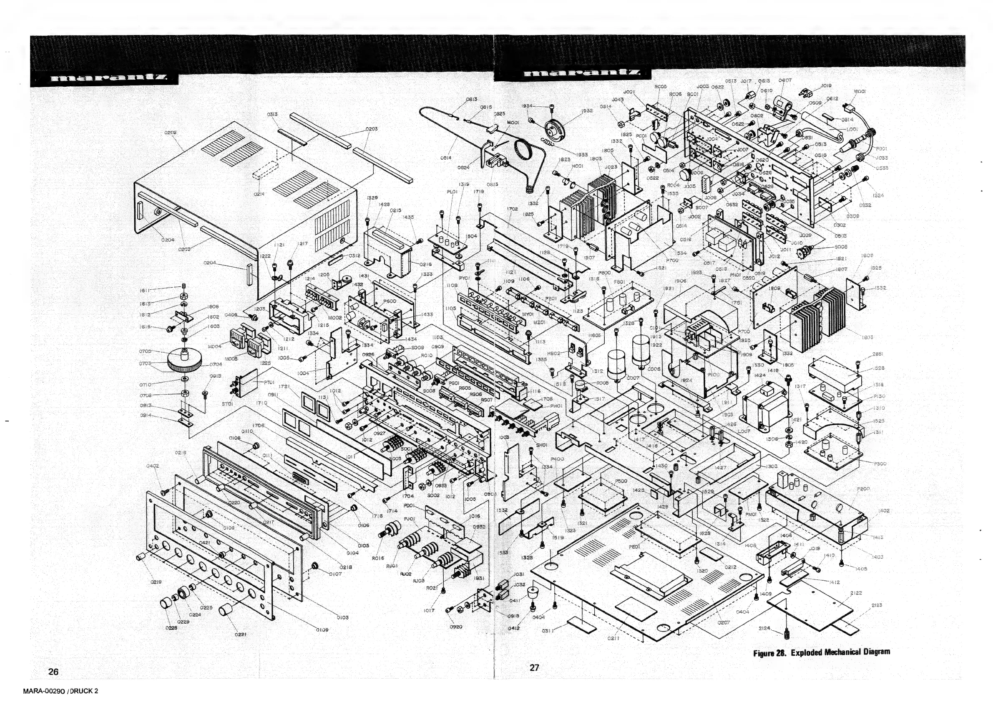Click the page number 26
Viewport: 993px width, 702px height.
click(x=53, y=671)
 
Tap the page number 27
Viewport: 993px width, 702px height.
click(x=535, y=667)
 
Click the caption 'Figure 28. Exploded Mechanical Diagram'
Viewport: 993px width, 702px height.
click(x=821, y=652)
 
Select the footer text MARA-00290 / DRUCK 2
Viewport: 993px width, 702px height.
click(x=60, y=691)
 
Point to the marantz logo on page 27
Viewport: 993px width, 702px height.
click(x=582, y=73)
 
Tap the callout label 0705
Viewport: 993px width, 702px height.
click(x=145, y=351)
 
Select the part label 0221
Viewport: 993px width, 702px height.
click(x=241, y=634)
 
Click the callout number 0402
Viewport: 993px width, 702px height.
click(x=153, y=466)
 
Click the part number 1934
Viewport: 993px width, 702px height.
click(x=527, y=105)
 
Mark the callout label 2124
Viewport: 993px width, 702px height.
click(x=764, y=628)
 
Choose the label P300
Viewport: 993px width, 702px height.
click(x=880, y=464)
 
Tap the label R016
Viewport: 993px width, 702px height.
click(x=377, y=558)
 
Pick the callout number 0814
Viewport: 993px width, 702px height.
click(x=446, y=158)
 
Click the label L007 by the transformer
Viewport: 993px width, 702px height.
click(x=744, y=431)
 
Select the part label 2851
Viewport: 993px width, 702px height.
click(x=877, y=354)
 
